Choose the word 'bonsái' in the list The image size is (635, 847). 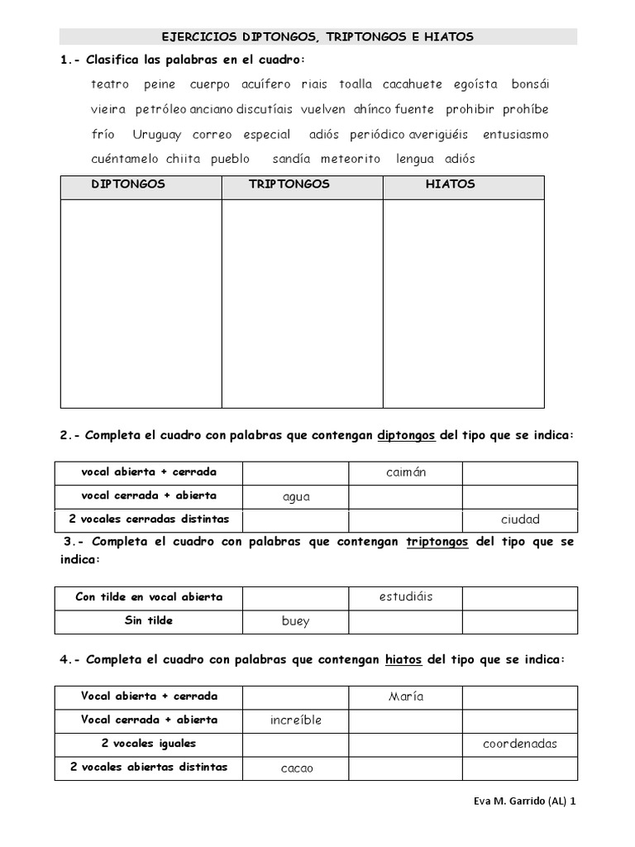[x=530, y=84]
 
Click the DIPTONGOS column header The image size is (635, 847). [x=128, y=184]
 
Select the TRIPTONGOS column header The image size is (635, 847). [x=289, y=184]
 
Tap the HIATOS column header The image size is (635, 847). [x=450, y=184]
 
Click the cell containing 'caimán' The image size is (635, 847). [x=404, y=473]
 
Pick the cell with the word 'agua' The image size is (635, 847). [x=295, y=496]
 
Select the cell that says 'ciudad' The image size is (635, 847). [x=519, y=519]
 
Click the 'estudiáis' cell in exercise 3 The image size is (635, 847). [x=404, y=597]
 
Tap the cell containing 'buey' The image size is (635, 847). [x=295, y=621]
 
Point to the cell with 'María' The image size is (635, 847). [x=405, y=696]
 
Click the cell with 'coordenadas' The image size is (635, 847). [x=519, y=744]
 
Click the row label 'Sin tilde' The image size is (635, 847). [x=149, y=620]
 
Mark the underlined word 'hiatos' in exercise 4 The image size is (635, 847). [x=403, y=659]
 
